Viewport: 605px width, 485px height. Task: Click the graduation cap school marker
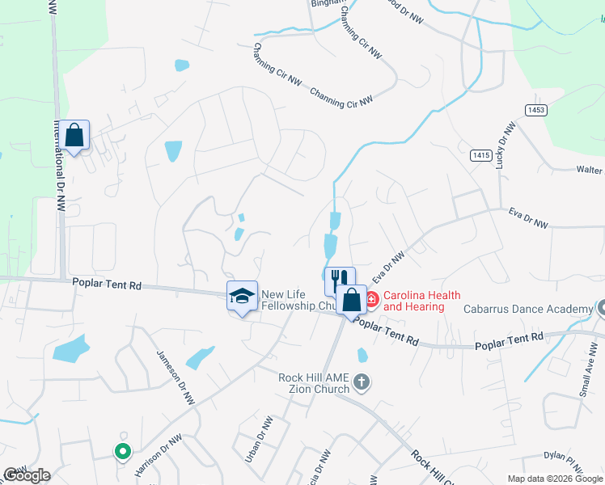[x=242, y=297]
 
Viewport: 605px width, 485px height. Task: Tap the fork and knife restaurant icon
[x=340, y=280]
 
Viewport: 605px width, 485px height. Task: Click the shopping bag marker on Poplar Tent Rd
[x=351, y=301]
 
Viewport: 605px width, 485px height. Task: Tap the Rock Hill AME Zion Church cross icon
[x=361, y=381]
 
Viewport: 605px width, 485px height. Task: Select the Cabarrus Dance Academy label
[x=528, y=310]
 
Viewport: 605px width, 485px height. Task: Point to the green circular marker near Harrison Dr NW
[x=122, y=451]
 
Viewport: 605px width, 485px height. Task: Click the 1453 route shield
[x=535, y=110]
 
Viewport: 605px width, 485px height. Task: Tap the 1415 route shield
[x=481, y=154]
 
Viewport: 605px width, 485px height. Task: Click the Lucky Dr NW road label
[x=505, y=146]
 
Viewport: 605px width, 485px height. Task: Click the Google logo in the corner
[x=27, y=475]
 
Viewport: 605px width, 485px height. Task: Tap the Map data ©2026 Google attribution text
[x=556, y=479]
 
